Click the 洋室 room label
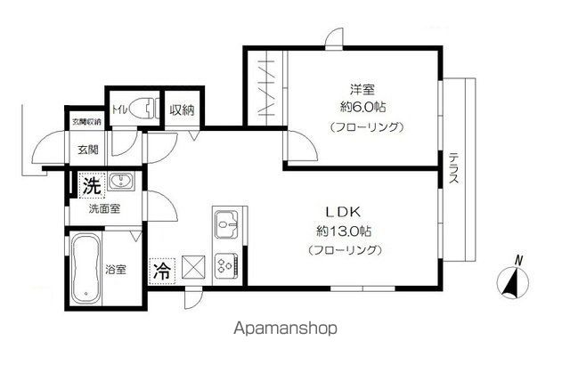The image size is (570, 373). [362, 88]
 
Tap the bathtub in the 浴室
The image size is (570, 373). [87, 267]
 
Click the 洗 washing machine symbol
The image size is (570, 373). [90, 187]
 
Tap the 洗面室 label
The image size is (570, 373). [103, 209]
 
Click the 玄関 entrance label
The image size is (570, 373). [88, 150]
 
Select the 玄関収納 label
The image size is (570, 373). [85, 120]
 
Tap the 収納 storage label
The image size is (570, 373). [182, 111]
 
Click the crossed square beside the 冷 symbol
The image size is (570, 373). [193, 266]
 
